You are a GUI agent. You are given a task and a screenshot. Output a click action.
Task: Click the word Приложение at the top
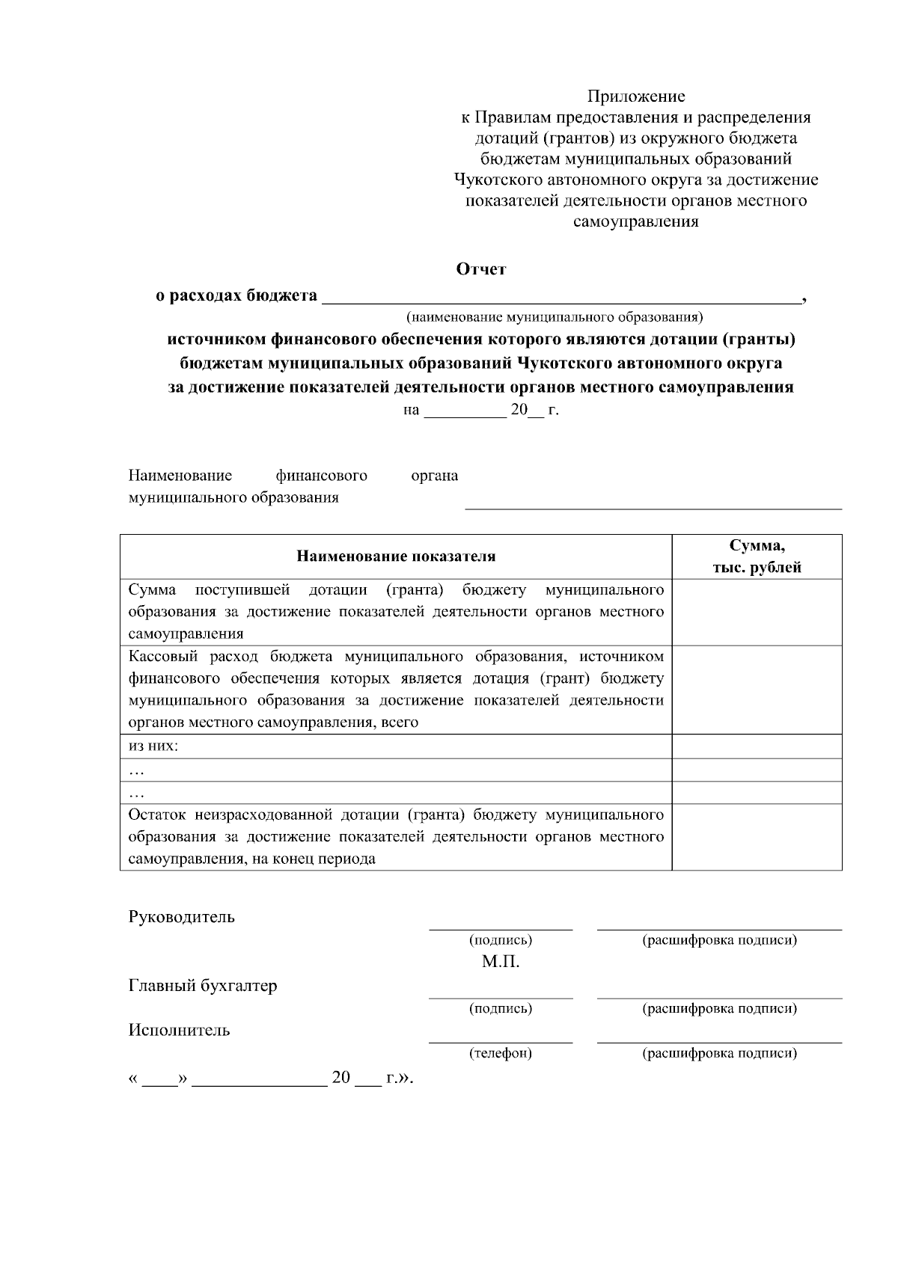(635, 96)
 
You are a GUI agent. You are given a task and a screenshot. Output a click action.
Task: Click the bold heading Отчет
(481, 269)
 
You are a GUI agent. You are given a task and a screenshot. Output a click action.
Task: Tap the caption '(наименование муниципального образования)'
(554, 317)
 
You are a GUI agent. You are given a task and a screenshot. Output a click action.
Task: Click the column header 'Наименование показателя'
(396, 556)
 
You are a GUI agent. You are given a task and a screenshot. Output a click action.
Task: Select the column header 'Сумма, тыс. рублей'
(757, 556)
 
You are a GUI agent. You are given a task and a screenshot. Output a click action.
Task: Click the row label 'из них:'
(153, 746)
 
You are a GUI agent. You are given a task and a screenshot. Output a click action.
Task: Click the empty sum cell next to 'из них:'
(757, 746)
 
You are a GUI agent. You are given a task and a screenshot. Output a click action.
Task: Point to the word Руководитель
(181, 917)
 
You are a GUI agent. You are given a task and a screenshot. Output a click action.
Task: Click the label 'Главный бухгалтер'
(202, 985)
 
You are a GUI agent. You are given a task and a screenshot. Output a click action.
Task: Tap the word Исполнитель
(179, 1030)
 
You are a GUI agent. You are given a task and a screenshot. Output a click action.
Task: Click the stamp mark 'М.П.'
(500, 962)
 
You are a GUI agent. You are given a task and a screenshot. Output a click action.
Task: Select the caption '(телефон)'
(500, 1053)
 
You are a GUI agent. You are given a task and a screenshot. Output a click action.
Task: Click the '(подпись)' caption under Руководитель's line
(500, 940)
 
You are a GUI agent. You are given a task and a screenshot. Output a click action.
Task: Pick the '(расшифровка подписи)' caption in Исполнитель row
(719, 1053)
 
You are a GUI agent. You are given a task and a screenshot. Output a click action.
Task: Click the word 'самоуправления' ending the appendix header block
(635, 222)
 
